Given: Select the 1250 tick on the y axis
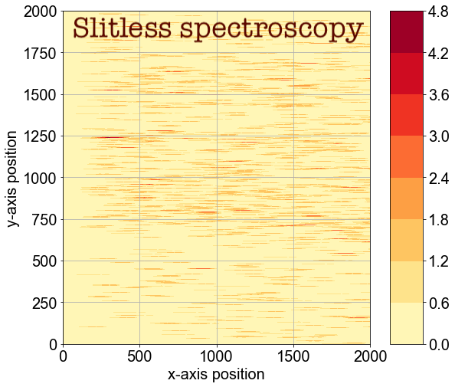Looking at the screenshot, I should pos(38,136).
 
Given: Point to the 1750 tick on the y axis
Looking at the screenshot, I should pos(38,53).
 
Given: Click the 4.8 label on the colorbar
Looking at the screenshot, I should pos(439,11).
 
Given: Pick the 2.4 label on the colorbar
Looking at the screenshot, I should pos(439,178).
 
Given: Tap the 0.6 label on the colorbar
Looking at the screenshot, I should pos(439,303).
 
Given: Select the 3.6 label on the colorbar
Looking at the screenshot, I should pos(439,94).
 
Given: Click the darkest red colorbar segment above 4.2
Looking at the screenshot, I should pos(406,31).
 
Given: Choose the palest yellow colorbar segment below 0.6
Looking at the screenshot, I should pos(406,323).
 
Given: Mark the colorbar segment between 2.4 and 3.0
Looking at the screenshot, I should pos(406,157).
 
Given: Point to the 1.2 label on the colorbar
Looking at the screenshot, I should pos(439,261).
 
